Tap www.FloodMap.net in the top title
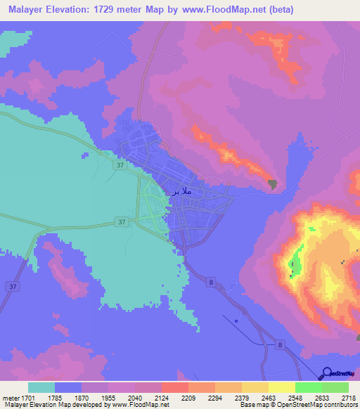coord(221,10)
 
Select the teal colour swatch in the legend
coord(41,387)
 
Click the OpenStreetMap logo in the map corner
coord(338,375)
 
